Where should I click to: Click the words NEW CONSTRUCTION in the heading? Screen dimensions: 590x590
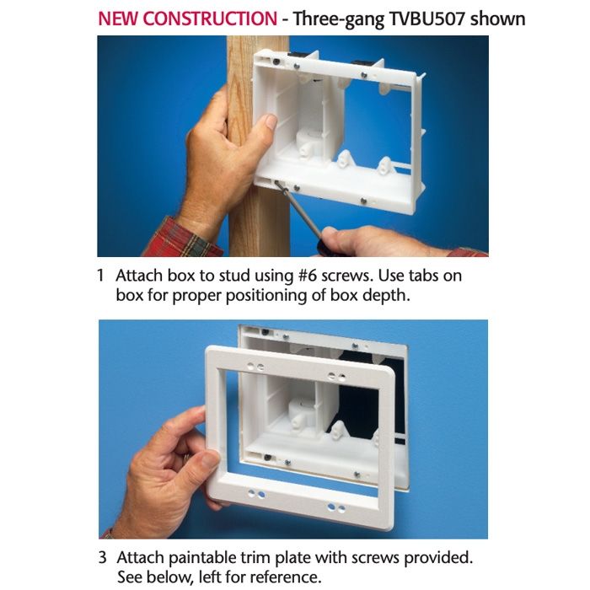point(188,19)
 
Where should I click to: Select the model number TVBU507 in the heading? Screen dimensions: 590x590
point(431,19)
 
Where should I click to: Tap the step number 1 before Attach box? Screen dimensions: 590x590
point(101,276)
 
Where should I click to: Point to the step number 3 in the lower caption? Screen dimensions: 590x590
point(101,558)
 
